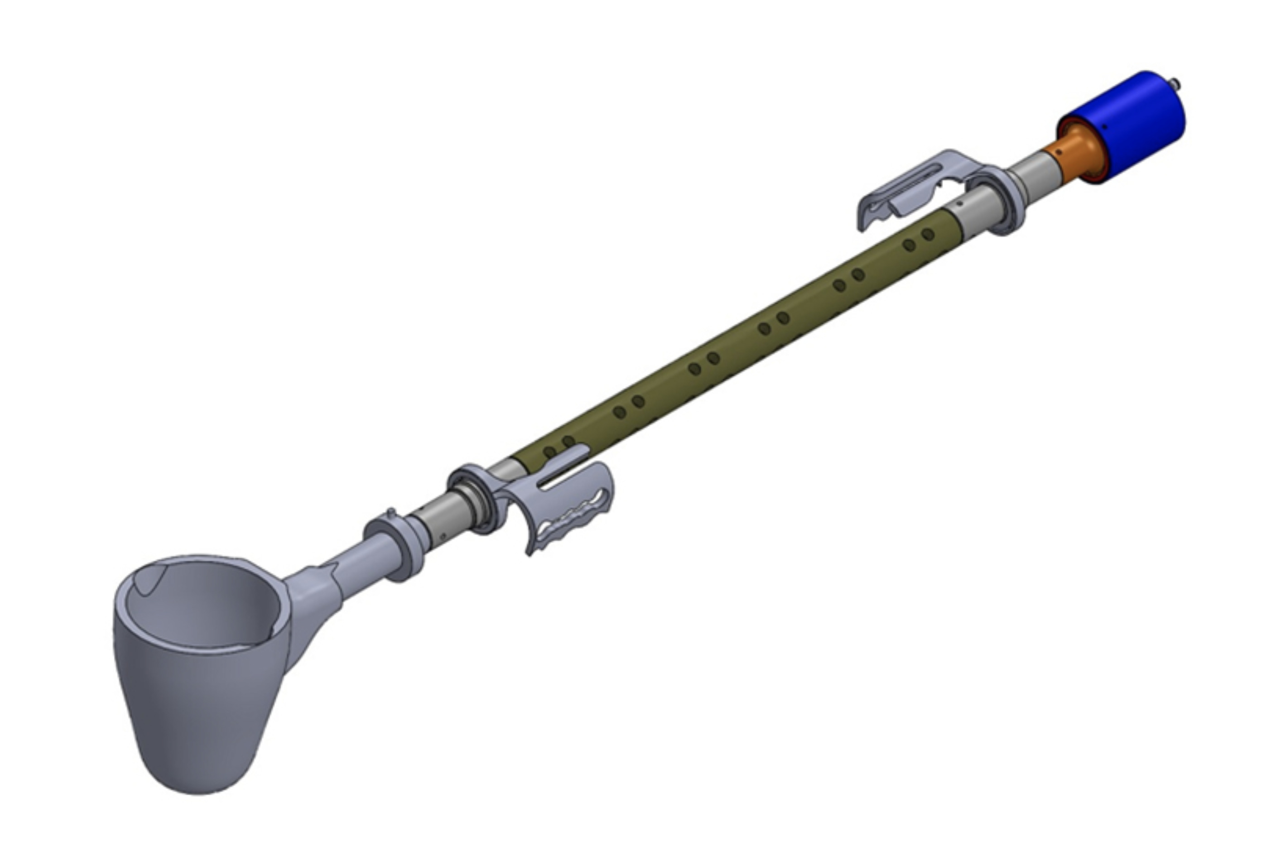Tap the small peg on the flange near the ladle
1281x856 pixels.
(391, 512)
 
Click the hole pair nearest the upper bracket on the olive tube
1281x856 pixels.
(919, 240)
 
